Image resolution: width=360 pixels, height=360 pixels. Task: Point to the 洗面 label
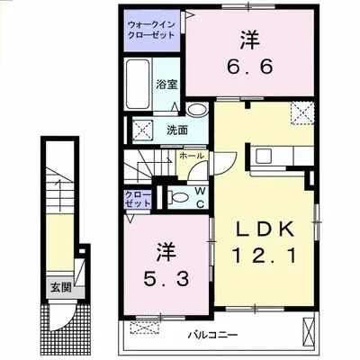coord(176,130)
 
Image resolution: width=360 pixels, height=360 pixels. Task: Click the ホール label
coord(191,156)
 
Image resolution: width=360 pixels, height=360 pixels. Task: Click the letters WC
coord(201,196)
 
